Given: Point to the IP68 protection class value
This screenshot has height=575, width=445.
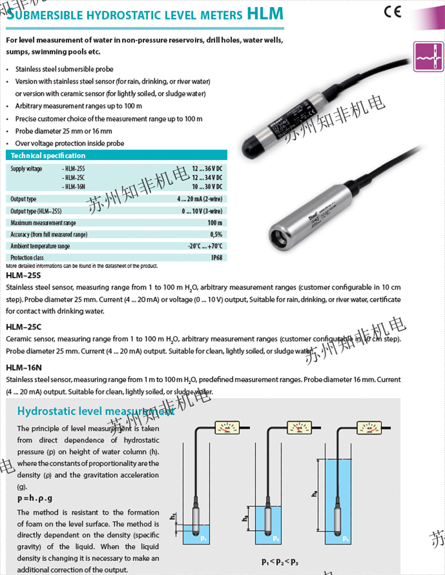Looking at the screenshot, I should [216, 257].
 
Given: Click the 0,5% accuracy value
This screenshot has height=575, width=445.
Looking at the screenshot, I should [216, 234].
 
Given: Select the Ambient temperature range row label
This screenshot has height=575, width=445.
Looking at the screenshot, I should [40, 246].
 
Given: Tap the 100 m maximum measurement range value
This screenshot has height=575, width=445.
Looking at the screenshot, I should [216, 223].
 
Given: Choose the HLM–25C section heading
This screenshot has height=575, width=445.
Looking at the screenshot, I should [23, 327].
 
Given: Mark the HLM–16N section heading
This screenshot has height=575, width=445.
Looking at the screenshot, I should [24, 367].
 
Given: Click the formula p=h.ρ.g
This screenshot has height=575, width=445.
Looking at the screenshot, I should [35, 498].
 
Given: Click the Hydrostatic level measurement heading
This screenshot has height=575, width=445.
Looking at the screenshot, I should [96, 411].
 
